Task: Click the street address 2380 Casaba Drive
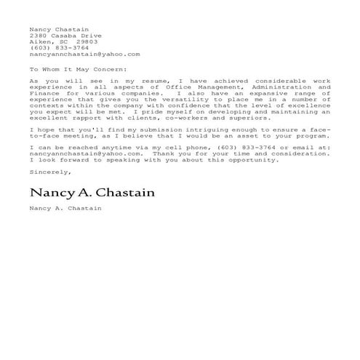[x=65, y=36]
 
